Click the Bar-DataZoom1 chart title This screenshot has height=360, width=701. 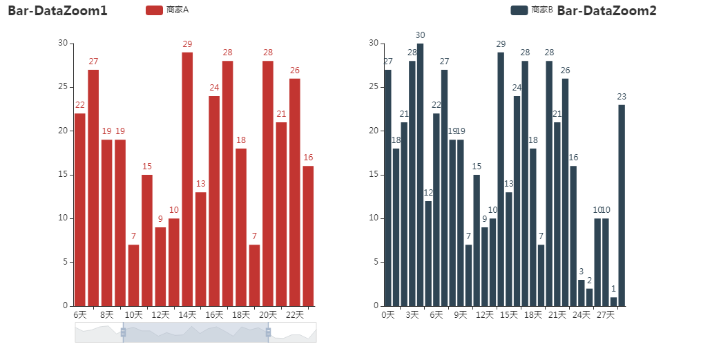pos(57,10)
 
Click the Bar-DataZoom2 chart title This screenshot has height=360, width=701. pos(606,10)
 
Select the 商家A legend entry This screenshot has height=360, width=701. pos(167,10)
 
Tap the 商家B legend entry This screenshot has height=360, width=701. pos(532,10)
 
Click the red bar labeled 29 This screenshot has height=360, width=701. pos(187,179)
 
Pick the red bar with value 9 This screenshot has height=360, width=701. pos(160,267)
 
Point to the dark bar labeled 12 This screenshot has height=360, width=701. pos(428,254)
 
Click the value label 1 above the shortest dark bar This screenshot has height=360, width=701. pos(613,289)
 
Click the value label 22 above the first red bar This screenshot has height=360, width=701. pos(80,105)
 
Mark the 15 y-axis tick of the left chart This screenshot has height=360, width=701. pos(64,175)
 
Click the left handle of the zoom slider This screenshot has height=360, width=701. pos(123,332)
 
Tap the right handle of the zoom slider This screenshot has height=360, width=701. pos(268,332)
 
